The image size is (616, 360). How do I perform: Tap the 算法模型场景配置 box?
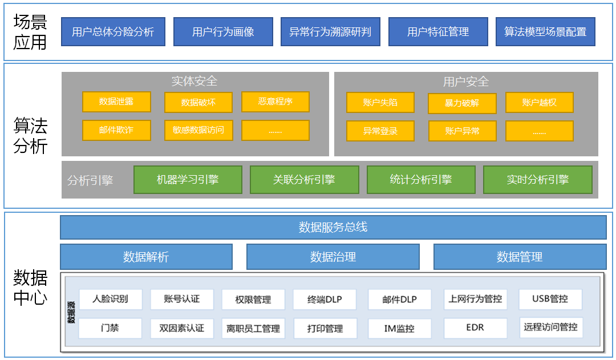click(545, 32)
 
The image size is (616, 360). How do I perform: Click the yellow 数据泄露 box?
click(116, 102)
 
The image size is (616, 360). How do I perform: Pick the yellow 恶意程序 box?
click(275, 102)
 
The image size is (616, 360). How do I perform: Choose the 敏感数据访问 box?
click(198, 130)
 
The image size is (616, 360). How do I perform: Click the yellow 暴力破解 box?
click(462, 103)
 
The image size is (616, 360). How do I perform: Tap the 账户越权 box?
click(539, 103)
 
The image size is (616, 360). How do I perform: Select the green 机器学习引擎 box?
click(188, 180)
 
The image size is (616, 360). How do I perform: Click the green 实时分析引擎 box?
click(537, 180)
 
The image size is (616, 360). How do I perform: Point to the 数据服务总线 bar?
click(333, 227)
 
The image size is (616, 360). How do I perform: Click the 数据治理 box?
click(333, 257)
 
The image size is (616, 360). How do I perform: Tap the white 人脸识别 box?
click(110, 299)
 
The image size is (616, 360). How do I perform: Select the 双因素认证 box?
click(181, 328)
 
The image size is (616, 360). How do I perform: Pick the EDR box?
click(475, 328)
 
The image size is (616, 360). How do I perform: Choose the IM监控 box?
click(399, 329)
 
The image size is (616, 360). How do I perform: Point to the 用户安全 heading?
click(466, 82)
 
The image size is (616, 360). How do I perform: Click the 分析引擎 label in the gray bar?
click(90, 180)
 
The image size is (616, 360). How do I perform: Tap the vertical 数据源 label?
click(71, 312)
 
